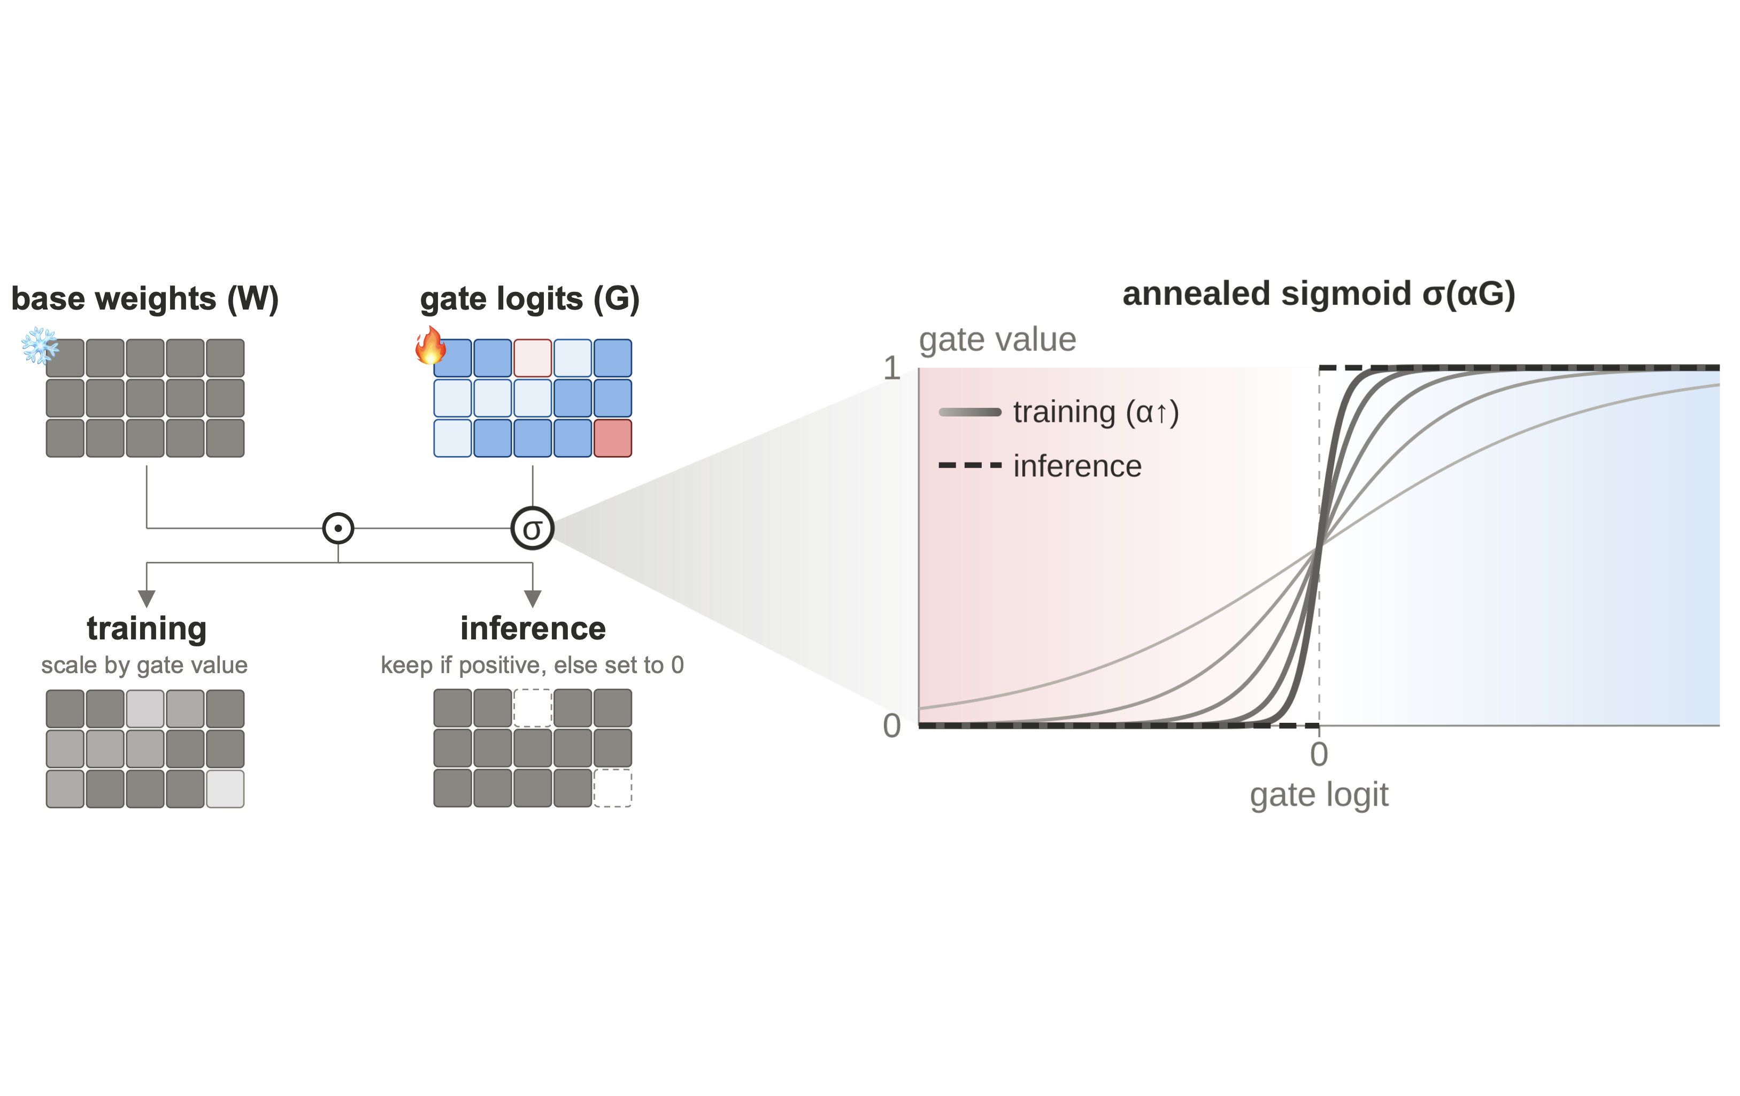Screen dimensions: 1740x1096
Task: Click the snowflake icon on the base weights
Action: click(40, 345)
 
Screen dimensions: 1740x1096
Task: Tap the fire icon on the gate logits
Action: click(430, 345)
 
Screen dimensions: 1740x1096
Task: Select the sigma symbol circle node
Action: click(533, 528)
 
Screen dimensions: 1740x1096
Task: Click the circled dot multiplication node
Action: click(338, 528)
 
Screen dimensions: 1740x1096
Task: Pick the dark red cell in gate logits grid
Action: click(613, 438)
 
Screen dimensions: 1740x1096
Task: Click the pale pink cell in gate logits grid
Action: click(533, 358)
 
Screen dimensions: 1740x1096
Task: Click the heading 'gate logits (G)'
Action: click(530, 299)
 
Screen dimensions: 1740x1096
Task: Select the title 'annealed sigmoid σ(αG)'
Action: click(1319, 294)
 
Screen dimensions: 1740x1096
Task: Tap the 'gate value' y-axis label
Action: click(997, 339)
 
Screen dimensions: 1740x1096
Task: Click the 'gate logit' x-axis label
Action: click(1319, 794)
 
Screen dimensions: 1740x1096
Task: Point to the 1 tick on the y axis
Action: click(892, 368)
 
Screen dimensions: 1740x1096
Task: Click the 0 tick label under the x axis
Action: click(1319, 754)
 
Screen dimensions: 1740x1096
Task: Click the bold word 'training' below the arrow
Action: click(147, 628)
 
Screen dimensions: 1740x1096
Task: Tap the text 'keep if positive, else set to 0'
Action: click(533, 665)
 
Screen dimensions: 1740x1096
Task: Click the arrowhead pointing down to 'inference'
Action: click(533, 598)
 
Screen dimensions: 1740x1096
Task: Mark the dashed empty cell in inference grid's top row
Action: click(533, 708)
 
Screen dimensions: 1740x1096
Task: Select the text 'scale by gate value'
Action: click(144, 665)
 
